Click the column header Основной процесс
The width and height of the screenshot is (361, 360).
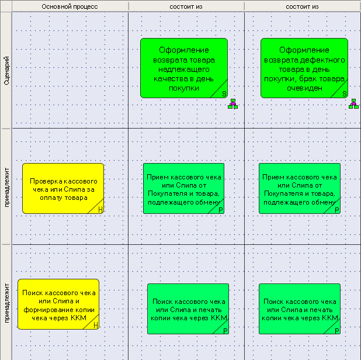click(x=70, y=6)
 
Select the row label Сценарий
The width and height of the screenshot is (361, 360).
click(x=6, y=70)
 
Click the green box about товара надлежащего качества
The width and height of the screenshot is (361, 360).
click(x=184, y=68)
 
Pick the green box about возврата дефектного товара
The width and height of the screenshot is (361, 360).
click(x=304, y=68)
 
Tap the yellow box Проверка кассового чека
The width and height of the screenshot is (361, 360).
click(x=63, y=188)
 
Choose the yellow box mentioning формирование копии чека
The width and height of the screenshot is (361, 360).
click(x=58, y=304)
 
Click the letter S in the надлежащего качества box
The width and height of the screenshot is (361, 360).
click(x=224, y=94)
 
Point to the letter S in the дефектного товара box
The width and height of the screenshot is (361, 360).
click(x=345, y=94)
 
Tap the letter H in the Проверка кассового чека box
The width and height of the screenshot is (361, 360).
click(x=100, y=210)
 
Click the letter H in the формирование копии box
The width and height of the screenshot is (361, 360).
click(x=96, y=326)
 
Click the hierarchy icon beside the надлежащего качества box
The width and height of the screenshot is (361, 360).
click(x=232, y=104)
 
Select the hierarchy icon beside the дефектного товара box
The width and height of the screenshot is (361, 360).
click(x=353, y=104)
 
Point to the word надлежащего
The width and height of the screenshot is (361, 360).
click(x=184, y=70)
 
